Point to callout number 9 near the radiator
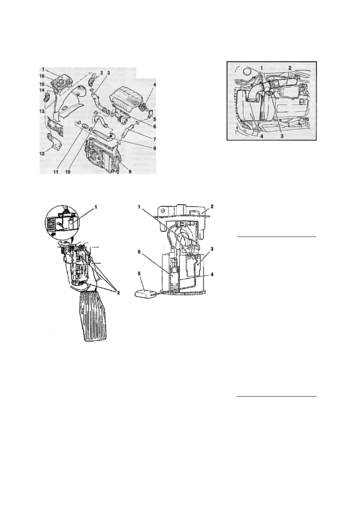point(129,172)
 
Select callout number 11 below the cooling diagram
point(56,172)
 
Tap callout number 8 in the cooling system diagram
point(154,148)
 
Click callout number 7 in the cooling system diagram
point(154,139)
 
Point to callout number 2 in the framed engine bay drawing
point(290,68)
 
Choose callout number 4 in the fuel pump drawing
point(212,275)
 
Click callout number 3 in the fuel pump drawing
point(212,249)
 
